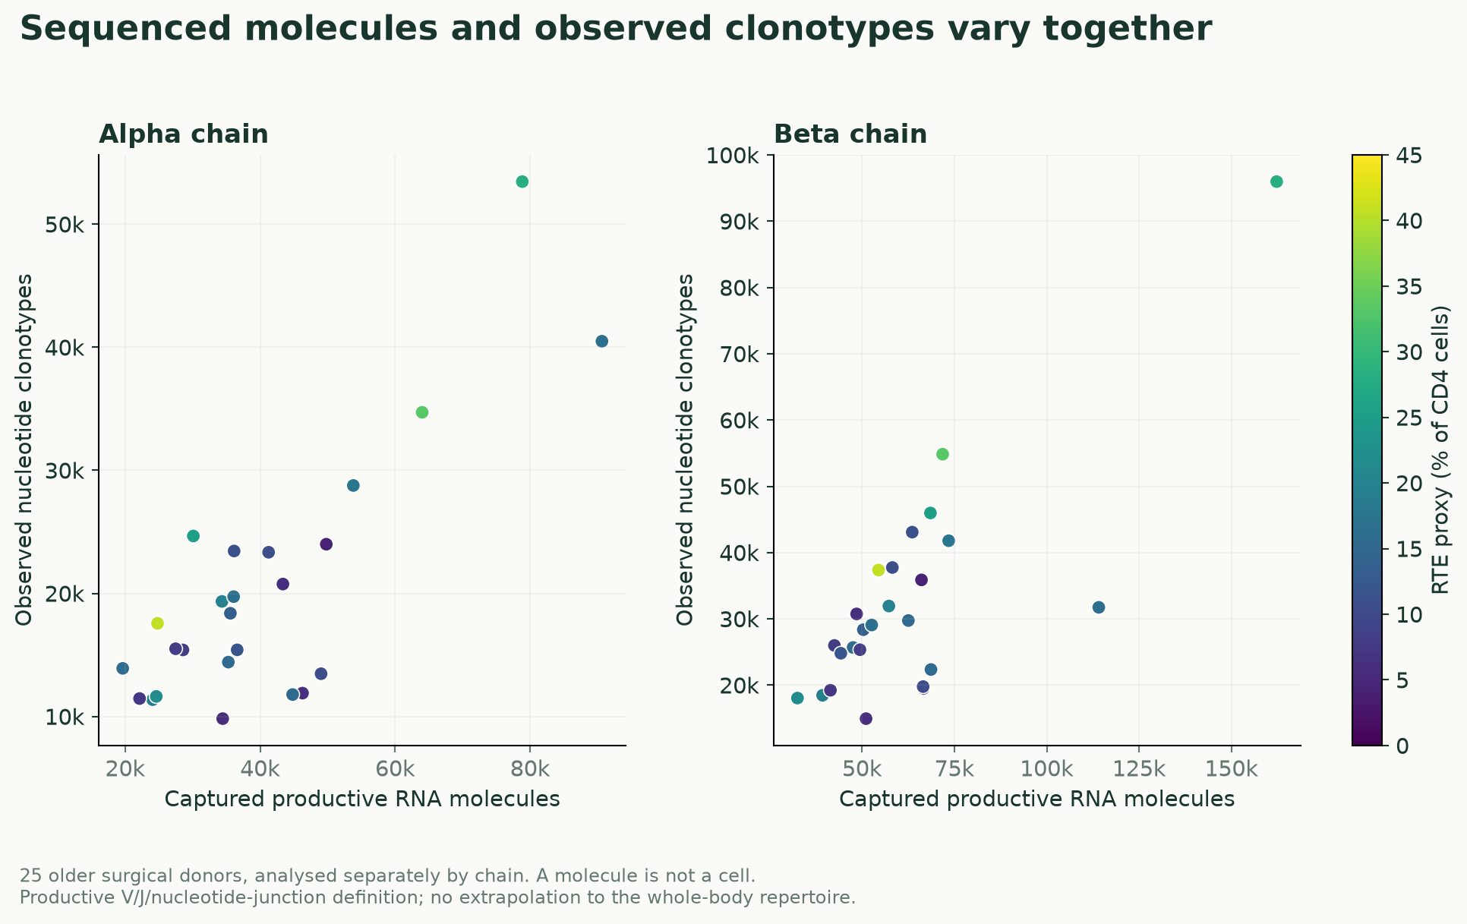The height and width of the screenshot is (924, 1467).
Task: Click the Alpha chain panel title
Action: [183, 134]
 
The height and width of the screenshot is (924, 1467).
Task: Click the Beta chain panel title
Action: [850, 134]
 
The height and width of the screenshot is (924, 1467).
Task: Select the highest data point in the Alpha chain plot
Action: [522, 181]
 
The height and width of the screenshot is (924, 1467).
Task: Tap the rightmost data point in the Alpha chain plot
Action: [601, 341]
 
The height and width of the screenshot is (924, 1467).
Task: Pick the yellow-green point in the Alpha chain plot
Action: [157, 623]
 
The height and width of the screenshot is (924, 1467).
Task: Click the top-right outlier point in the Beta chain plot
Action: [1276, 181]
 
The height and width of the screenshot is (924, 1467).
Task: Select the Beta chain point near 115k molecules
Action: [1099, 607]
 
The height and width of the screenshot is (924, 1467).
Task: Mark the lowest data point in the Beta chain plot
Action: [866, 718]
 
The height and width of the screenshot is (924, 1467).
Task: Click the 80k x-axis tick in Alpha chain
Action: [530, 768]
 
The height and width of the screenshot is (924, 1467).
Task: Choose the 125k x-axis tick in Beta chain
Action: [1138, 768]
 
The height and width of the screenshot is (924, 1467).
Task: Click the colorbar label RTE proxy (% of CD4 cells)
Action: [1440, 450]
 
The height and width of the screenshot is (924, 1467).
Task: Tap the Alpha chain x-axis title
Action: [362, 799]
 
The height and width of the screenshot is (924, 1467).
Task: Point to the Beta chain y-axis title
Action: [685, 450]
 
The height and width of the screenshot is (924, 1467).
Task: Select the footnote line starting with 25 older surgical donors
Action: [387, 875]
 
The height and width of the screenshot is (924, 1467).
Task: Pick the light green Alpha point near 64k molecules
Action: [422, 412]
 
